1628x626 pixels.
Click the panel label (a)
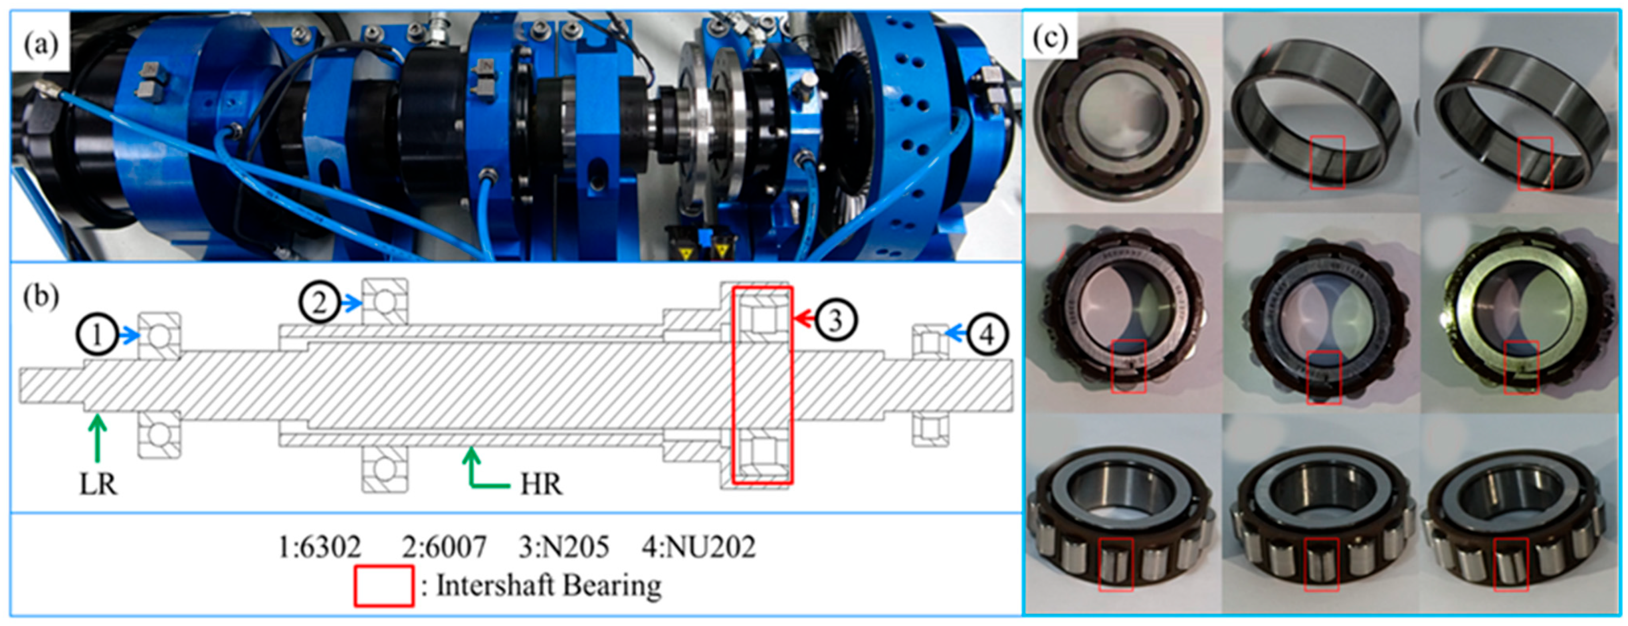tap(41, 44)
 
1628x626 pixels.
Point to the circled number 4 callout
tap(987, 334)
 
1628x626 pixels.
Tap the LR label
tap(98, 485)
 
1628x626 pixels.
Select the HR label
tap(541, 485)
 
